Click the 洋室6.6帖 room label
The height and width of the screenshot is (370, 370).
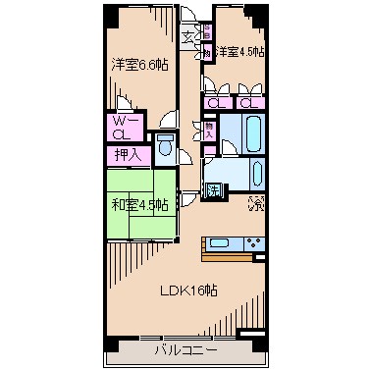point(137,65)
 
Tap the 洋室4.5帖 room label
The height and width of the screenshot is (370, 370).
point(240,52)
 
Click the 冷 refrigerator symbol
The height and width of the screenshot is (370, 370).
point(255,205)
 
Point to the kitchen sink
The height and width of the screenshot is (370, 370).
point(219,243)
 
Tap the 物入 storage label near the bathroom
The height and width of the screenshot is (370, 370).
point(208,129)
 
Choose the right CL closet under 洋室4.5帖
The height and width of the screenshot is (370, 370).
point(248,102)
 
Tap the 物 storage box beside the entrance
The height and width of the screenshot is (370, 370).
point(210,53)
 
